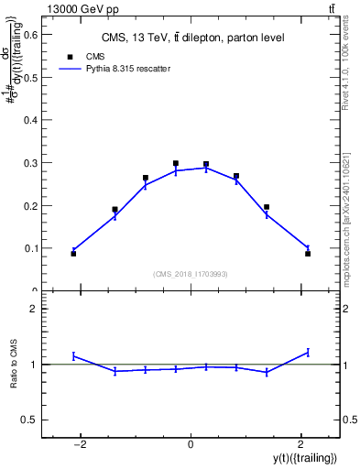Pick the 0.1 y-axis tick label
click(x=30, y=248)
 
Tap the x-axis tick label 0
click(x=191, y=445)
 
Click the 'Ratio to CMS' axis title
click(x=14, y=364)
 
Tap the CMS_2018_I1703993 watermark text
click(x=191, y=273)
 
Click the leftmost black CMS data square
click(x=73, y=254)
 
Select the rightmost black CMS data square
click(x=308, y=254)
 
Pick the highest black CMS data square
click(x=176, y=163)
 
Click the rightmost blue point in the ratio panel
click(x=308, y=352)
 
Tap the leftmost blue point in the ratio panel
click(x=73, y=355)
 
